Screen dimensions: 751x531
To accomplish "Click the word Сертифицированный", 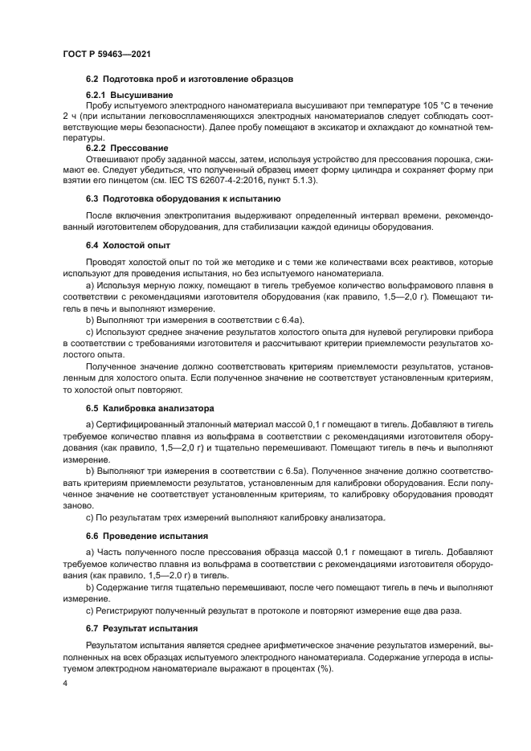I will (x=147, y=423).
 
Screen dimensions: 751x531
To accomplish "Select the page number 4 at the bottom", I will (x=64, y=684).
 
